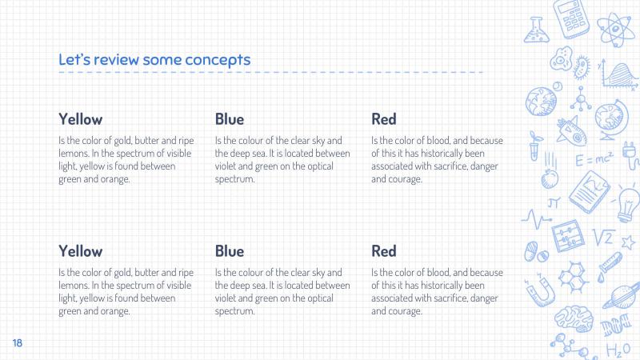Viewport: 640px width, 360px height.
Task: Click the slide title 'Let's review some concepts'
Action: coord(154,60)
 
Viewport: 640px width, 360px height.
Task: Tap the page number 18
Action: coord(17,343)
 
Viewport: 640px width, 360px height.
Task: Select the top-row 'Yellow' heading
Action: coord(80,119)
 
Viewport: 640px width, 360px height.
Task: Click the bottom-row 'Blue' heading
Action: coord(230,251)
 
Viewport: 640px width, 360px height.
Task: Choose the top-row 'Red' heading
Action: coord(384,119)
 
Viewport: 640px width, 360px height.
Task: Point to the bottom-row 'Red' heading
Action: coord(384,251)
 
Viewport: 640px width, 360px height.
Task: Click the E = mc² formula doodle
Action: coord(594,160)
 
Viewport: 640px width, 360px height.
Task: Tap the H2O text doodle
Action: coord(618,350)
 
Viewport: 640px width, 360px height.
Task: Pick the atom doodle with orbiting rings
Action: coord(614,28)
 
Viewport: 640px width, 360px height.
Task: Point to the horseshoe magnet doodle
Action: coord(538,291)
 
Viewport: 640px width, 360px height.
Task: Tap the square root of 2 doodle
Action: coord(602,237)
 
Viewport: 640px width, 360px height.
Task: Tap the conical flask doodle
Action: coord(533,30)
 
